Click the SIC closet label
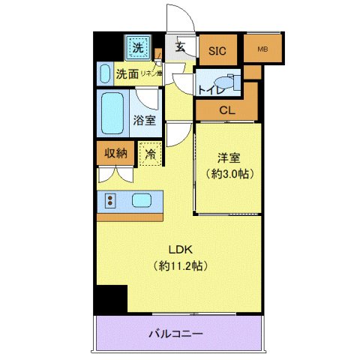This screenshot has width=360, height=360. [217, 51]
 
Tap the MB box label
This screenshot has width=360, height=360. [262, 50]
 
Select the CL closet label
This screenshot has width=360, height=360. [226, 111]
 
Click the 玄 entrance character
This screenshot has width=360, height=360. [181, 46]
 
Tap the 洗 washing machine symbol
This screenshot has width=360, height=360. [138, 48]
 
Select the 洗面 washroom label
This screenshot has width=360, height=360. [127, 74]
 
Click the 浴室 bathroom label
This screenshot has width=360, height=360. [144, 119]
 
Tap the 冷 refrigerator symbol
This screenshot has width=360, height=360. [150, 153]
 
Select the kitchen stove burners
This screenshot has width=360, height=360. [109, 200]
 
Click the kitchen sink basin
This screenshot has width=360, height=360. [142, 200]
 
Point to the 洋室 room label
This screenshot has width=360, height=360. [229, 159]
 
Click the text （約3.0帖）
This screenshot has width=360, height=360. [229, 174]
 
